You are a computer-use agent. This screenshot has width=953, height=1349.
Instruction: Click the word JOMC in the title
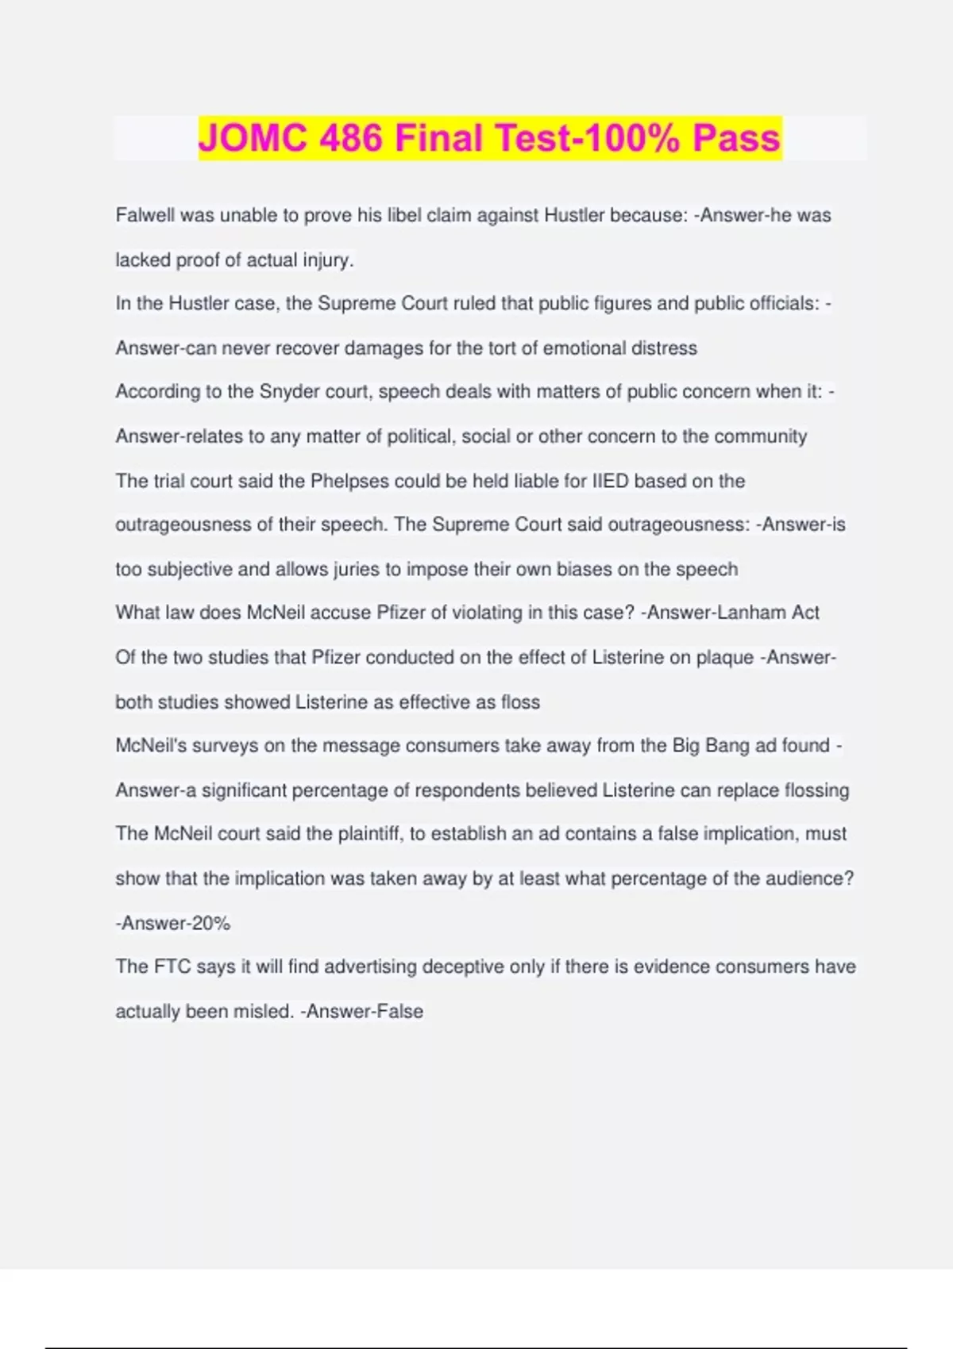[x=252, y=138]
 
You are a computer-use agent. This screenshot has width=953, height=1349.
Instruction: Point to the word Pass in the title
[x=736, y=138]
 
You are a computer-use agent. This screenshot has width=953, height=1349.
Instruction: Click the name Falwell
[x=145, y=215]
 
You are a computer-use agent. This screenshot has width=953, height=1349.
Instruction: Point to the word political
[x=419, y=436]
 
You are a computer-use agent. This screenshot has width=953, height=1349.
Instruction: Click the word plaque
[x=724, y=657]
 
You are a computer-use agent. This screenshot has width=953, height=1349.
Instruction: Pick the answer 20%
[x=210, y=923]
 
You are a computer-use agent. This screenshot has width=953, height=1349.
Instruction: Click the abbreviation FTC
[x=172, y=967]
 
